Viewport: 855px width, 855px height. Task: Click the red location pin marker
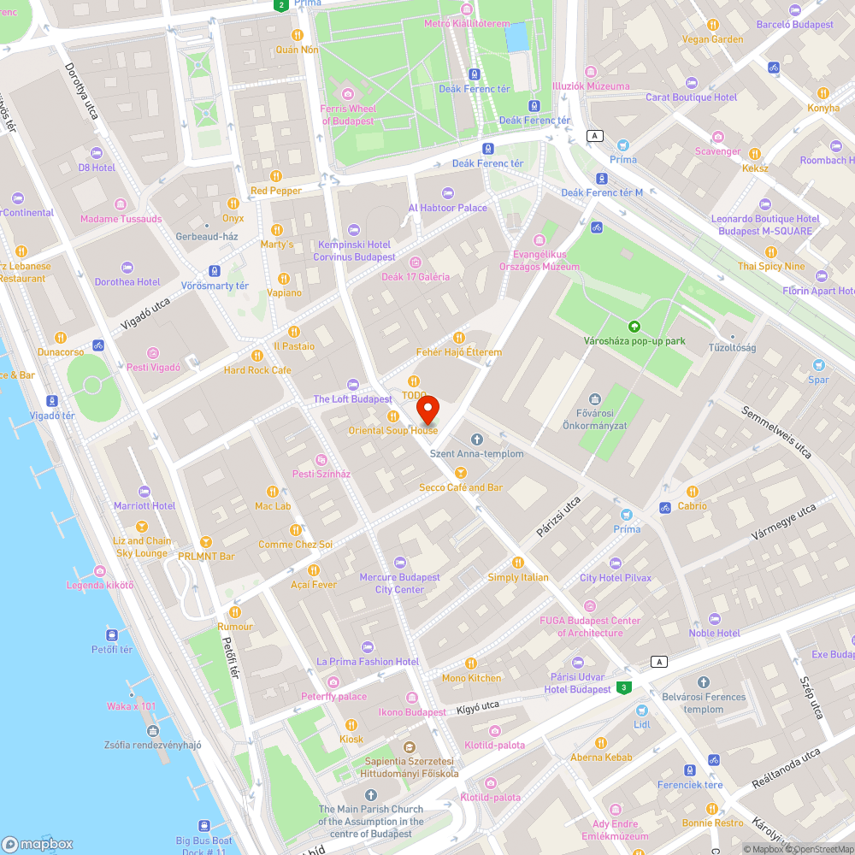[x=427, y=410]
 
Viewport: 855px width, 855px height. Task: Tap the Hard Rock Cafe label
[x=257, y=370]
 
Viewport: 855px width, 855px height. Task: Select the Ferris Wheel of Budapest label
[x=348, y=115]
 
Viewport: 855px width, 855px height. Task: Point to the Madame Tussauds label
[x=121, y=219]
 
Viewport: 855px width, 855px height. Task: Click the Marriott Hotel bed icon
[x=144, y=492]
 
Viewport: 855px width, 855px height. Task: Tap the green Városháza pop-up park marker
[x=634, y=326]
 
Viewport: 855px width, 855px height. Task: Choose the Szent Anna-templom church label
[x=477, y=453]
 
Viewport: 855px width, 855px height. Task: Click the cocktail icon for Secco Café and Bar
[x=461, y=473]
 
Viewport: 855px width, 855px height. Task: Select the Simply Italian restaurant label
[x=518, y=577]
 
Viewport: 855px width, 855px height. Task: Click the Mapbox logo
[x=38, y=843]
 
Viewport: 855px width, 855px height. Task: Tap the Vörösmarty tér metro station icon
[x=215, y=271]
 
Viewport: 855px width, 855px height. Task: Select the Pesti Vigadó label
[x=153, y=367]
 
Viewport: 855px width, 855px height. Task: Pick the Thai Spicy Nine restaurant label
[x=771, y=266]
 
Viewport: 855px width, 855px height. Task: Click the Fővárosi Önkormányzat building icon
[x=595, y=399]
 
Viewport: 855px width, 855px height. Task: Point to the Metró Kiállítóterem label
[x=467, y=23]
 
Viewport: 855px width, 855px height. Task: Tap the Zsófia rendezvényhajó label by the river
[x=153, y=744]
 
